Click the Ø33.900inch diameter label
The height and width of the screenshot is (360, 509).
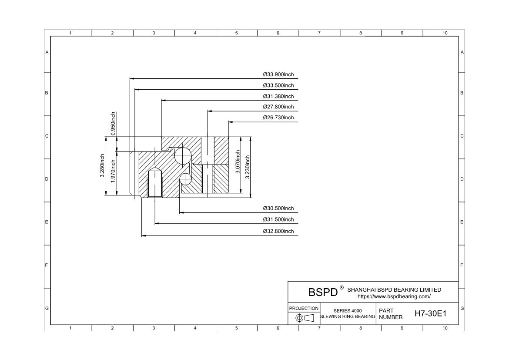click(x=278, y=74)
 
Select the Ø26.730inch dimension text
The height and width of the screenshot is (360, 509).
click(x=278, y=118)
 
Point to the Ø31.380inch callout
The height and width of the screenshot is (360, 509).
click(x=278, y=96)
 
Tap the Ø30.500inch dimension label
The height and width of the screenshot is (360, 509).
click(x=278, y=208)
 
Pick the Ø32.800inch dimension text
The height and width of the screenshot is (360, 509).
click(x=278, y=231)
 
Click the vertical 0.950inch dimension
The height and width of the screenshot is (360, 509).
click(x=113, y=124)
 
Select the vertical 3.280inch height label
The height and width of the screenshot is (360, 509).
click(x=102, y=166)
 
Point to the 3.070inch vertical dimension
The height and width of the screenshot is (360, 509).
click(x=238, y=162)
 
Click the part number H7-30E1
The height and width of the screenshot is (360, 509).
click(x=430, y=313)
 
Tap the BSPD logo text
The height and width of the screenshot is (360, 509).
click(x=323, y=292)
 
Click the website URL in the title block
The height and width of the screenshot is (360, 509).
click(x=394, y=296)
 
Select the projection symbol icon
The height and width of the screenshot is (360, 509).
click(x=305, y=318)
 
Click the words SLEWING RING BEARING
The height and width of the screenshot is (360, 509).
click(x=348, y=316)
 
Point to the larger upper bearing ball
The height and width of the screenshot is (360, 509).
click(x=183, y=155)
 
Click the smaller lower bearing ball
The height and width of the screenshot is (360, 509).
click(x=186, y=179)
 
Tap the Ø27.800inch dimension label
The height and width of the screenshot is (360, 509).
click(x=278, y=107)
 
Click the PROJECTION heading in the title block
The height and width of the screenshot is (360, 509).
click(x=304, y=308)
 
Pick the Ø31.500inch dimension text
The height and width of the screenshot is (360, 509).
click(x=278, y=219)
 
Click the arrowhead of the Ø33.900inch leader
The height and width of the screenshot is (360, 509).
click(x=132, y=78)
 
